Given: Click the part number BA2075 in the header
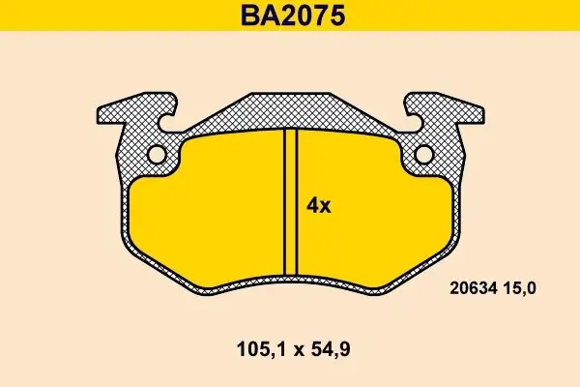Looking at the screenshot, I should tap(290, 16).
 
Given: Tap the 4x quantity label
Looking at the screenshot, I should tap(319, 205).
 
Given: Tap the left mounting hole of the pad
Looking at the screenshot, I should tap(158, 155).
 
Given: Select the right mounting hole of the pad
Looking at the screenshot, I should tap(424, 155).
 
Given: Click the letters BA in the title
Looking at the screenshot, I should tap(254, 16).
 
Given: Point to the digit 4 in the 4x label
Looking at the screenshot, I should tap(312, 205).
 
